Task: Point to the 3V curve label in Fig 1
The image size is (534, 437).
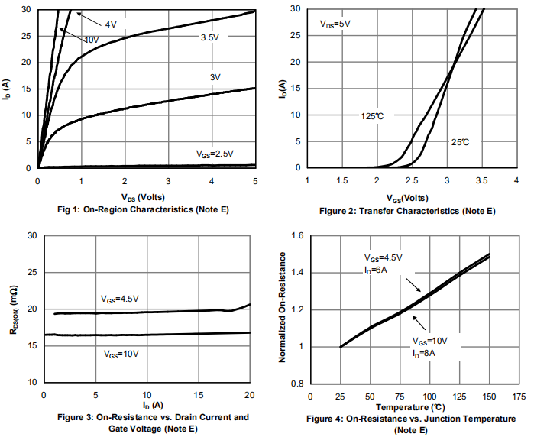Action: click(215, 77)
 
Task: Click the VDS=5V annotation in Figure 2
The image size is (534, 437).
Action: click(335, 24)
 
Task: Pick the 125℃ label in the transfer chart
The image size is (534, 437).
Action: click(372, 116)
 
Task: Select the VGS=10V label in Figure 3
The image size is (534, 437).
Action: click(122, 354)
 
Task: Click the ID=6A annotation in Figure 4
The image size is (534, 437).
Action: click(376, 270)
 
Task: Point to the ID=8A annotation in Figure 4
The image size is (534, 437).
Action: click(425, 353)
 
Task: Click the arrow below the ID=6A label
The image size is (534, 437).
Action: click(413, 285)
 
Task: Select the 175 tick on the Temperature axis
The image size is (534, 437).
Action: click(519, 397)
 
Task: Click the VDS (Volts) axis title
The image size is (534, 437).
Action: click(145, 196)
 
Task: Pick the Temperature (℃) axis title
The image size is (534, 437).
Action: click(413, 407)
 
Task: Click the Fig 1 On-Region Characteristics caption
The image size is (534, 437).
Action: click(144, 209)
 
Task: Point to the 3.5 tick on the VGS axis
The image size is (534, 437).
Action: click(481, 181)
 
